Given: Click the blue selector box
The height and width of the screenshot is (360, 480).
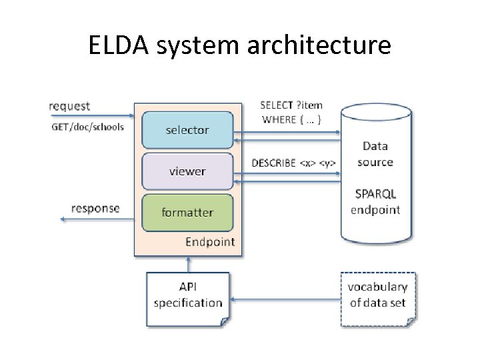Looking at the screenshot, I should [187, 130].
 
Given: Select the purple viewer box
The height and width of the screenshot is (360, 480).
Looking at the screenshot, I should [187, 171].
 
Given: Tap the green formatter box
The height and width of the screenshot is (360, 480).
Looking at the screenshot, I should [187, 213].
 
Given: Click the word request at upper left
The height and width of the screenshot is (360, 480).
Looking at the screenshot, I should [69, 106].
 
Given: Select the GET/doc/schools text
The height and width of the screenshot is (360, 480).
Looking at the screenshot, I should [87, 127].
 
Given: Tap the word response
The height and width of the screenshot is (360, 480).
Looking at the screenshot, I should [95, 208].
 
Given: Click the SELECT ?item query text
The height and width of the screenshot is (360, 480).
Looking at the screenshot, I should [291, 105].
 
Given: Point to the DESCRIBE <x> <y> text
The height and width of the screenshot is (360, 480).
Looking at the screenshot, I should [293, 163].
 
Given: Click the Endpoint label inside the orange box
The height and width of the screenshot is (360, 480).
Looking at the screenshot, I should [210, 241].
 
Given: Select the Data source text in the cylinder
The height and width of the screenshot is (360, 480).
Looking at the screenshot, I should [375, 154].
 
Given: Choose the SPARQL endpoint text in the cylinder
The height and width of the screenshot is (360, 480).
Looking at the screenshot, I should [375, 202].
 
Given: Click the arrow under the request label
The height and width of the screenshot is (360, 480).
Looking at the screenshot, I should [91, 115].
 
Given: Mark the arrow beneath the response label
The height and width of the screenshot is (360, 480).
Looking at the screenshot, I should [97, 219].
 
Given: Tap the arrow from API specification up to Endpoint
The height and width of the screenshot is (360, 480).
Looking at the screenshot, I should [187, 264].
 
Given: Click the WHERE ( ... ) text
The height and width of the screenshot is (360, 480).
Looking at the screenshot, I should [291, 120].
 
